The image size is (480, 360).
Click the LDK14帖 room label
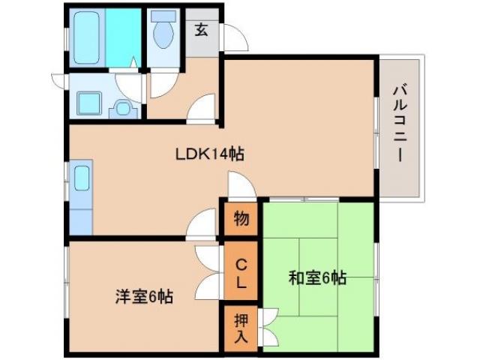(x=209, y=154)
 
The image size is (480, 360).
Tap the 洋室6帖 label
(x=144, y=297)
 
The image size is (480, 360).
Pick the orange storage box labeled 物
(x=240, y=218)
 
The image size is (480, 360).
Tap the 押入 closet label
(x=240, y=328)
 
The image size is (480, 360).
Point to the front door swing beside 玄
(x=232, y=39)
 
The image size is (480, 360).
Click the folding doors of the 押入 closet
(x=268, y=328)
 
